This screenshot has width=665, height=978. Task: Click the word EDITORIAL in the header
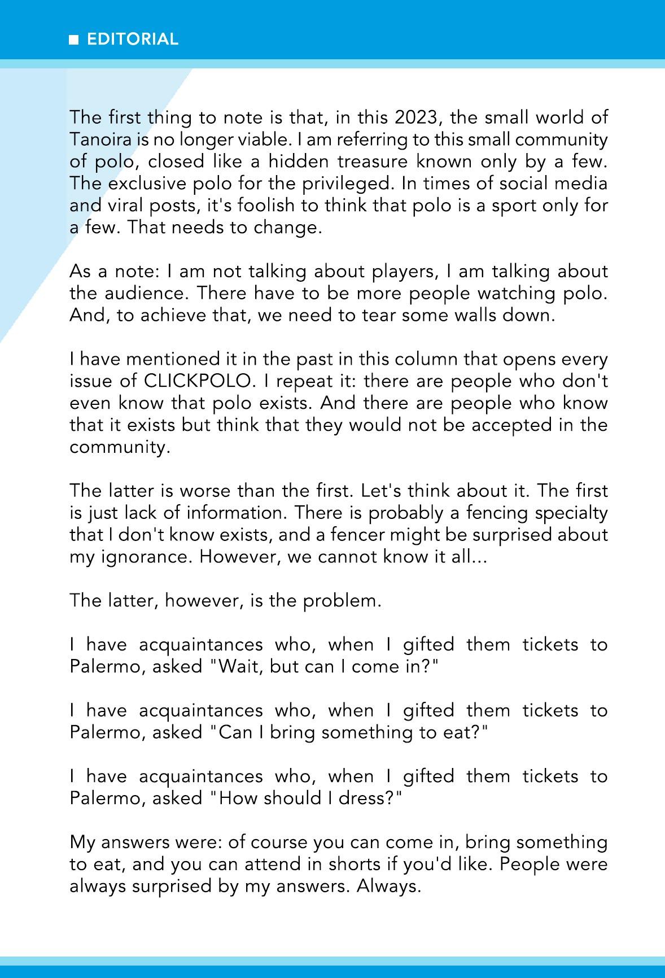(x=132, y=39)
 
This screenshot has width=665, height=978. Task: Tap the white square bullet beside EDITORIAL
(x=73, y=40)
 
